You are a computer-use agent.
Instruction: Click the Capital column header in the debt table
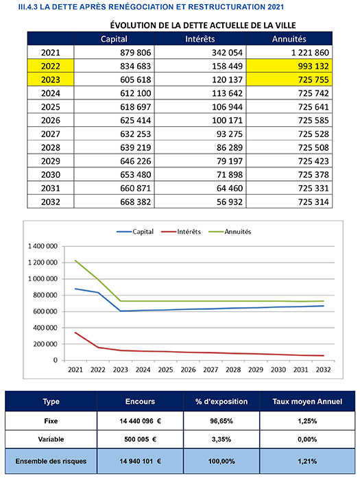pos(114,39)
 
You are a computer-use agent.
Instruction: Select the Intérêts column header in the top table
pos(200,39)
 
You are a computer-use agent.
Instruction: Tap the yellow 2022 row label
pos(51,66)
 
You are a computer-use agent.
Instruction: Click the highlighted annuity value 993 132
pos(313,66)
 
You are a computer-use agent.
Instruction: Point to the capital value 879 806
pos(135,53)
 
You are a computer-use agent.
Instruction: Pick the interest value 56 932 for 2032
pos(230,202)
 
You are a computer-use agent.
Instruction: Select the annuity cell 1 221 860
pos(310,53)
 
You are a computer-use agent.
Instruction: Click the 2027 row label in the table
pos(51,134)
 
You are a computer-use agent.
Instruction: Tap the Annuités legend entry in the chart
pos(230,232)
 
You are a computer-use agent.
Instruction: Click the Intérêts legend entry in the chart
pos(181,232)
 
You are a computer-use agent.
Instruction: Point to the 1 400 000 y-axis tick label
pos(43,246)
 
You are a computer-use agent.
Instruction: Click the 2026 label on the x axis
pos(188,370)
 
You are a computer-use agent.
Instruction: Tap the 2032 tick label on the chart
pos(323,370)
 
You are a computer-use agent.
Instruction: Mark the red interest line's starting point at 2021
pos(75,333)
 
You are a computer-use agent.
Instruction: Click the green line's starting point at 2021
pos(75,261)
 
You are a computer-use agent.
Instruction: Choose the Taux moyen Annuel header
pos(307,401)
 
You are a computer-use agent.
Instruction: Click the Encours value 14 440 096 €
pos(140,421)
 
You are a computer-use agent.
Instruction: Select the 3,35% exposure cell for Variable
pos(221,440)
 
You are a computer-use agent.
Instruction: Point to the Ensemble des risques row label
pos(51,461)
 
